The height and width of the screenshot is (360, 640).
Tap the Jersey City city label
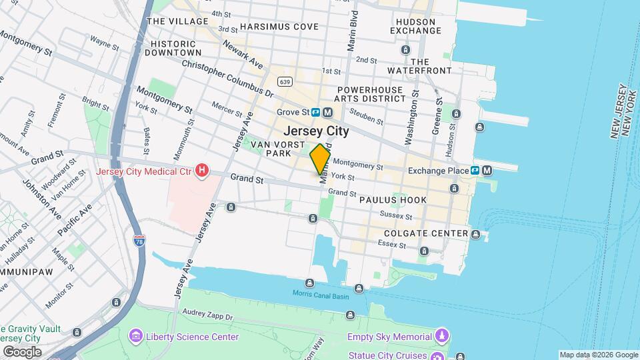(x=316, y=131)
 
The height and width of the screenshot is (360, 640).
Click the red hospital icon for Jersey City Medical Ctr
(x=199, y=172)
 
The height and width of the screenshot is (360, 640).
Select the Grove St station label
(x=294, y=113)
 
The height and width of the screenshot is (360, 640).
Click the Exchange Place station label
(x=440, y=171)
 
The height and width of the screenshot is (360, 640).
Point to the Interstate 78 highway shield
(x=139, y=239)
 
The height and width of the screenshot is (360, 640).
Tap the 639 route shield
(x=285, y=82)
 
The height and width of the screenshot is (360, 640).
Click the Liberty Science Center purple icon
(x=137, y=336)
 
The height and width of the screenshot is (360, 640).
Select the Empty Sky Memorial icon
(x=441, y=336)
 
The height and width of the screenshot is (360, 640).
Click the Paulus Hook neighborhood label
(x=392, y=200)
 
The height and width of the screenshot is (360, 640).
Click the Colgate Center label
(x=426, y=233)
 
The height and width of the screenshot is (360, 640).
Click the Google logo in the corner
(x=22, y=351)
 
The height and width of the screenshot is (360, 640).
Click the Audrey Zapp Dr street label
(x=207, y=313)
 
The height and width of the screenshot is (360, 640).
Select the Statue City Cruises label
(x=387, y=355)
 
